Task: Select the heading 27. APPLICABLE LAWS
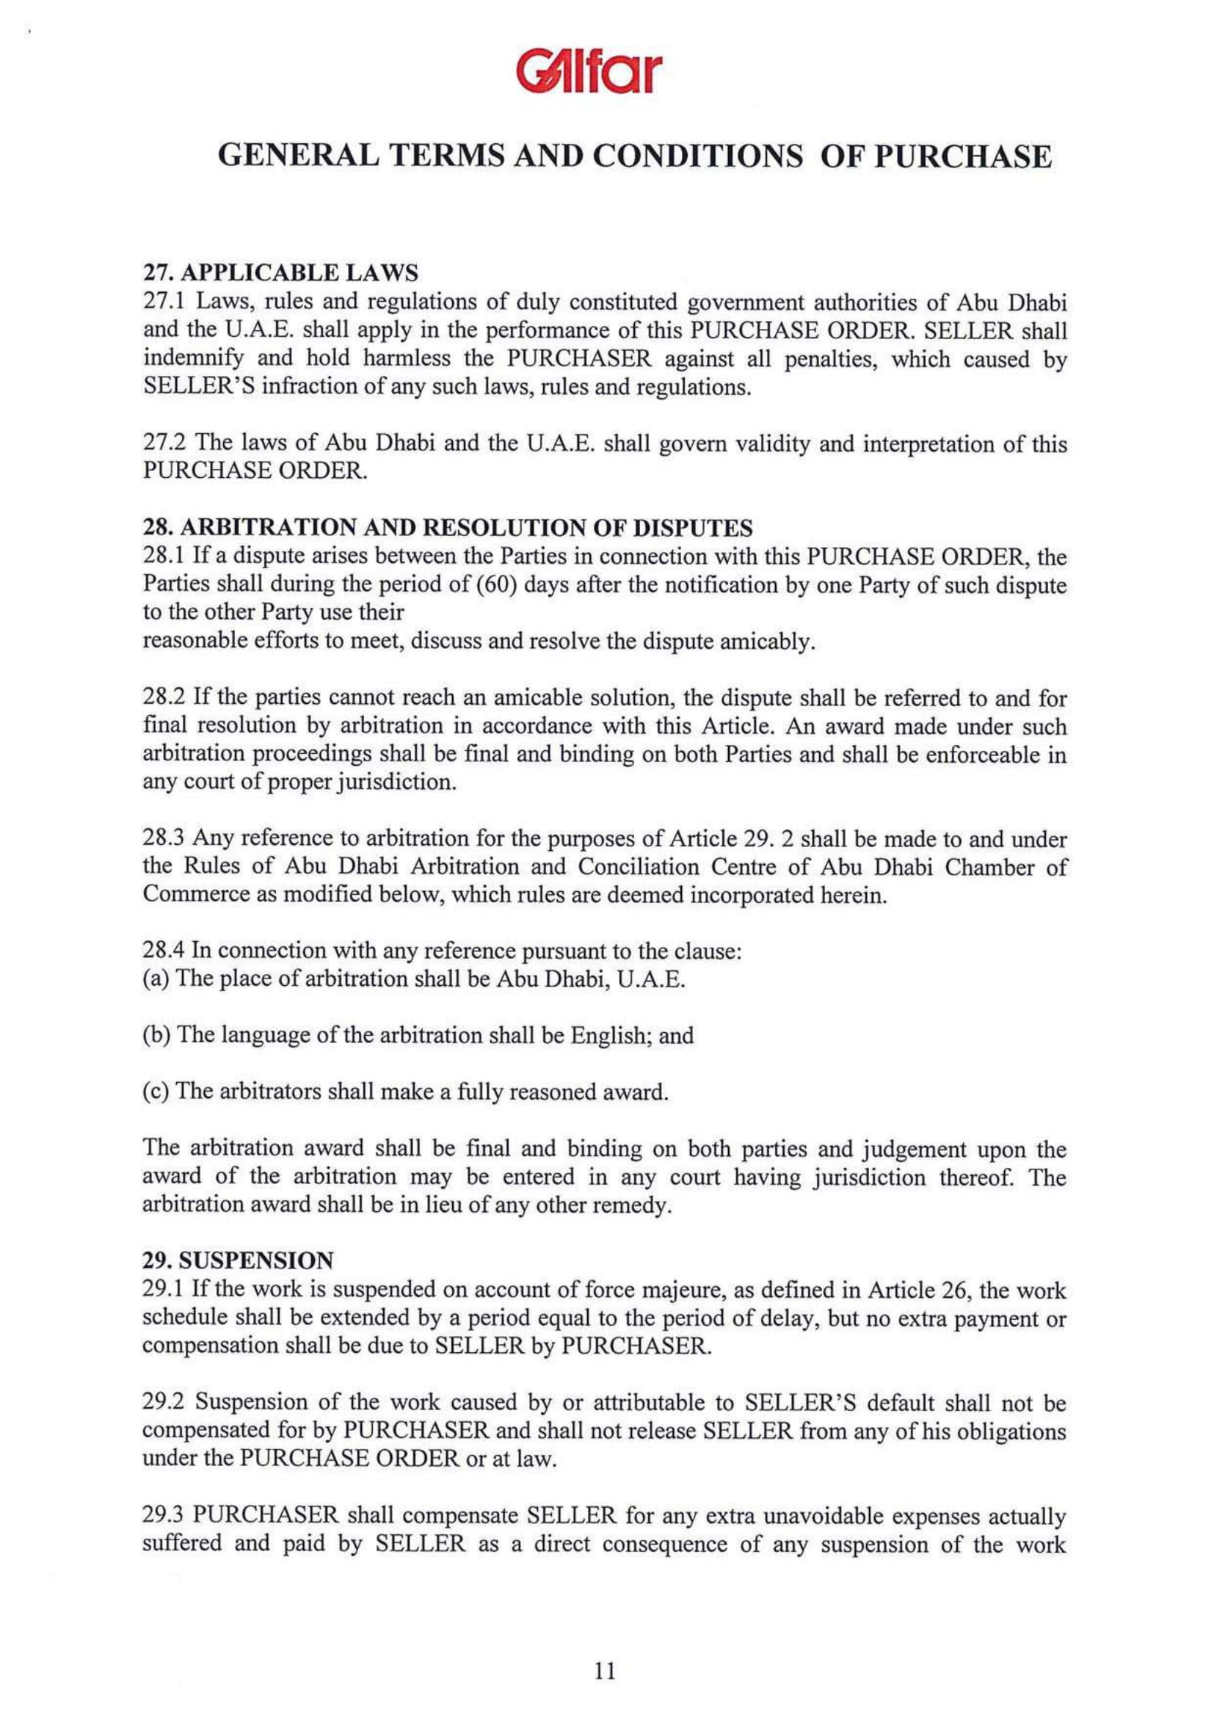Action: pos(280,275)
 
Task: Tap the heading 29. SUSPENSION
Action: pos(238,1261)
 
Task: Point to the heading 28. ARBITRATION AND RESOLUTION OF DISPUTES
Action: pos(447,529)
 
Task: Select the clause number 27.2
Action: pos(166,445)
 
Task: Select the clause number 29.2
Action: pos(166,1404)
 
